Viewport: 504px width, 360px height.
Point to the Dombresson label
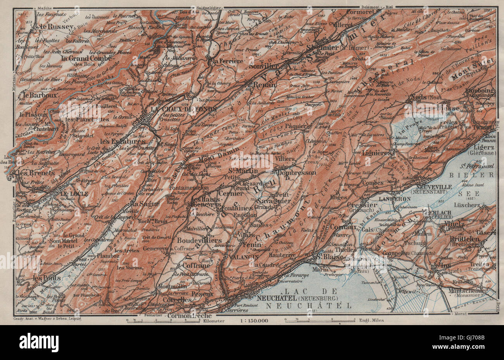point(297,172)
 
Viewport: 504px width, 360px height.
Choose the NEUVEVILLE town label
point(433,186)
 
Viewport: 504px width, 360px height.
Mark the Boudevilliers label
point(200,240)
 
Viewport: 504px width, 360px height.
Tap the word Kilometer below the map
point(212,321)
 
